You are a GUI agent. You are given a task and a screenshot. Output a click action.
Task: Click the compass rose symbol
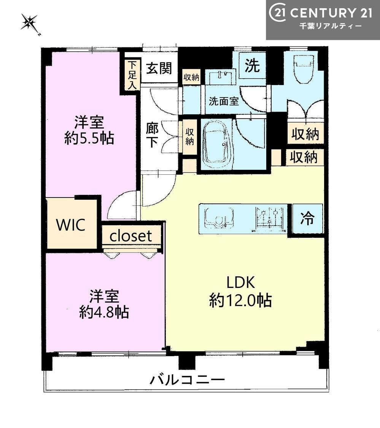click(30, 23)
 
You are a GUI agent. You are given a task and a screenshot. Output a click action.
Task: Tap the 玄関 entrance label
click(159, 68)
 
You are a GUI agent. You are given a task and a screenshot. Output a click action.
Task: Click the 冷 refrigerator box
click(307, 218)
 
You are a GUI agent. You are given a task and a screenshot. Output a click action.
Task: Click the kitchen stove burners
click(269, 219)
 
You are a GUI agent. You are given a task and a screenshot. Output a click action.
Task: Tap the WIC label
click(71, 225)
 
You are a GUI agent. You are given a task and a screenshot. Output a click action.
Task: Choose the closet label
click(131, 236)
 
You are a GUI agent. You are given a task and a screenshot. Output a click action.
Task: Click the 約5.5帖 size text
click(89, 138)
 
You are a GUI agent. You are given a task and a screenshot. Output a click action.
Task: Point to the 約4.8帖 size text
click(104, 312)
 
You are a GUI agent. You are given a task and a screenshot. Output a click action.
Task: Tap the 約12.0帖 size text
click(240, 300)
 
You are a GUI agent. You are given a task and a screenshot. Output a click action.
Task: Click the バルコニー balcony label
click(187, 380)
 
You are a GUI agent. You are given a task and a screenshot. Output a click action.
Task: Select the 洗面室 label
click(224, 101)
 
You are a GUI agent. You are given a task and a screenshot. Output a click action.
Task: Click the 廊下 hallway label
click(152, 135)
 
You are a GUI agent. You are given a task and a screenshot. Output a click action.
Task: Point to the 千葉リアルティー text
click(331, 26)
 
